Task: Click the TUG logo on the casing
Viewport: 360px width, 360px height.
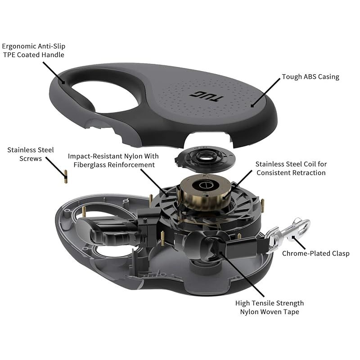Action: click(x=199, y=95)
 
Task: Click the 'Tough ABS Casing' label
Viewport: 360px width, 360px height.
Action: click(x=310, y=77)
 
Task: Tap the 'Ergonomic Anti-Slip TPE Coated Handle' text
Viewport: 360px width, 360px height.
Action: click(x=33, y=50)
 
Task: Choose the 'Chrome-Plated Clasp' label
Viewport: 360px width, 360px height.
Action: click(x=315, y=253)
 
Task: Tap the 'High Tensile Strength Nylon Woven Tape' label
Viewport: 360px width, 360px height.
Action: click(x=270, y=307)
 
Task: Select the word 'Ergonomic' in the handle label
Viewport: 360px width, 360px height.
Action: click(x=19, y=46)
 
